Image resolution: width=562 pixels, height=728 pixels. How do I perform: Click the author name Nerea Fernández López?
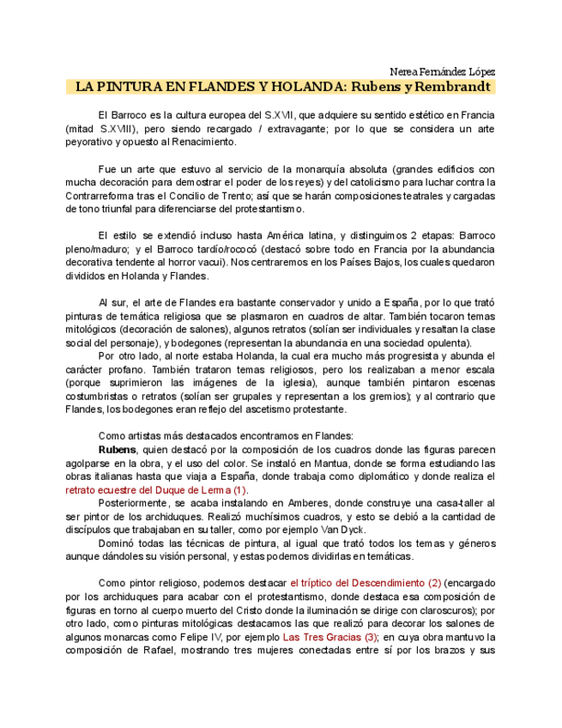coord(442,71)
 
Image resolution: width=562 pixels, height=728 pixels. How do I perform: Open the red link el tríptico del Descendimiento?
coord(366,583)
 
